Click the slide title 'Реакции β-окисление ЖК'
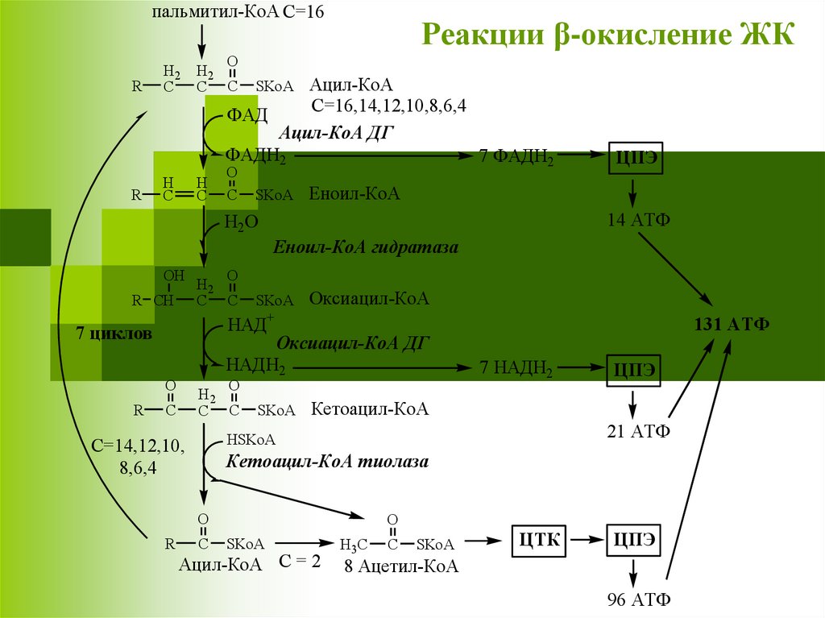coord(608,36)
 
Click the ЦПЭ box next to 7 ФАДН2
coord(634,158)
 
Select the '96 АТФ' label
coord(639,600)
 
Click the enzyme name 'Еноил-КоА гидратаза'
coord(366,247)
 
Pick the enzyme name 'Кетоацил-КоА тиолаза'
coord(327,462)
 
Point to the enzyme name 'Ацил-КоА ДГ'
coord(336,132)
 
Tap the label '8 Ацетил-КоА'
coord(401,567)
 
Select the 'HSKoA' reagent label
coord(251,439)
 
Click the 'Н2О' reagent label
coord(241,222)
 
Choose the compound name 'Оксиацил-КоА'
coord(369,299)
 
